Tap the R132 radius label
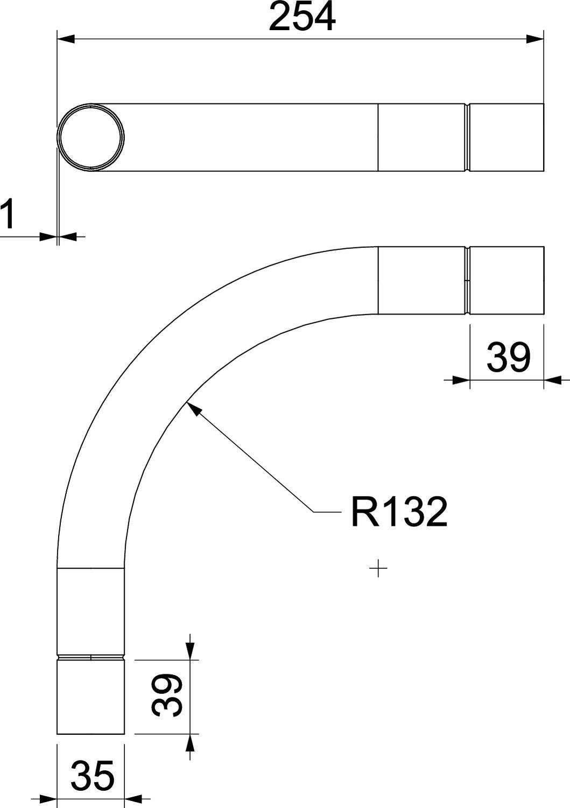[x=399, y=512]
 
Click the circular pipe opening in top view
[x=91, y=137]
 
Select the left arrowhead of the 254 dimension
[x=66, y=39]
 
